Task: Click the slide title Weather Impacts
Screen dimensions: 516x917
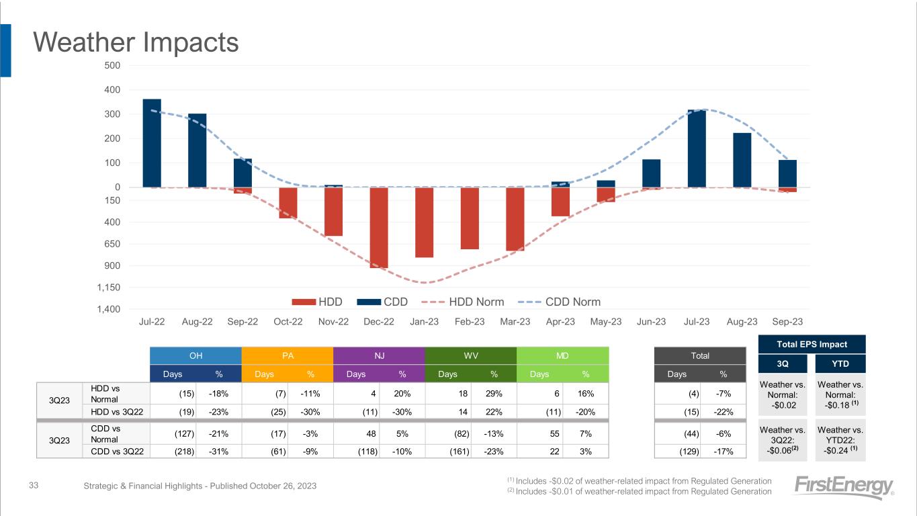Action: click(136, 43)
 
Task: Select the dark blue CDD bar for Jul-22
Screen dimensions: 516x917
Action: click(152, 143)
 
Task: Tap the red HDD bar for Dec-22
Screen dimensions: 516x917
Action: click(379, 227)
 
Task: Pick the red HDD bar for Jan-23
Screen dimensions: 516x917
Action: click(424, 222)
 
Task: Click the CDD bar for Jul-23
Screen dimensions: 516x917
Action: click(697, 148)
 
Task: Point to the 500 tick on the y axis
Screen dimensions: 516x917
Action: click(112, 65)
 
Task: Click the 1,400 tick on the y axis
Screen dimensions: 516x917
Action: click(108, 309)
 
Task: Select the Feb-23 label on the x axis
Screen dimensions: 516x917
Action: click(470, 322)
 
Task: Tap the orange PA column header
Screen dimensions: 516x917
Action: click(288, 355)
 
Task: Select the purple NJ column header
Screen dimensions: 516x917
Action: click(379, 355)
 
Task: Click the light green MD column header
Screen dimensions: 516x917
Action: click(562, 355)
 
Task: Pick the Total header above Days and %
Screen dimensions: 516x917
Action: click(699, 355)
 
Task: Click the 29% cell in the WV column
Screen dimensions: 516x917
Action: click(493, 393)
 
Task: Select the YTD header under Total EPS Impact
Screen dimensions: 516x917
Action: click(840, 363)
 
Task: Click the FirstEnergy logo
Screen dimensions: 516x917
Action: click(844, 488)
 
